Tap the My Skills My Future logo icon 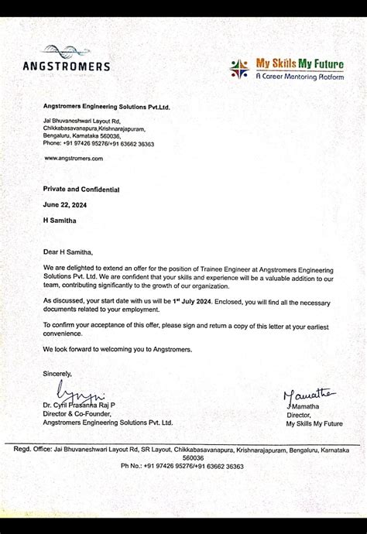pos(238,69)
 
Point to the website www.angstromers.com pos(74,158)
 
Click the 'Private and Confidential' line pos(81,189)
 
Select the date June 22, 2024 pos(65,204)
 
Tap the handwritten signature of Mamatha pos(307,395)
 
